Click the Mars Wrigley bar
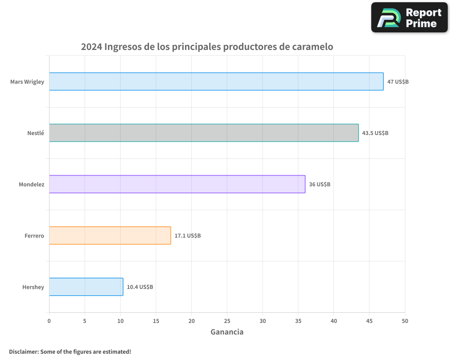pos(216,81)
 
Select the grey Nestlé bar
pos(203,133)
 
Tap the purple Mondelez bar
pos(177,184)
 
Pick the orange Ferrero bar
pos(110,235)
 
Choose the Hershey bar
pos(86,287)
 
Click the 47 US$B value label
pos(398,82)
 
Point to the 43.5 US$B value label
pos(375,133)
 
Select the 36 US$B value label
pos(319,184)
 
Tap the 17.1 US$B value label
pos(188,236)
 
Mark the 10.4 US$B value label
pos(140,287)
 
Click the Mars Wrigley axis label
pos(27,82)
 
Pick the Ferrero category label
pos(34,236)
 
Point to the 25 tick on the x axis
pos(227,321)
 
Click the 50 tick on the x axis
pos(405,321)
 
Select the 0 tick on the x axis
pos(49,321)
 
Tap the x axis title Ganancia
pos(227,332)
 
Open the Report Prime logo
pos(409,18)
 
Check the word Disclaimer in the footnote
pos(23,351)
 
